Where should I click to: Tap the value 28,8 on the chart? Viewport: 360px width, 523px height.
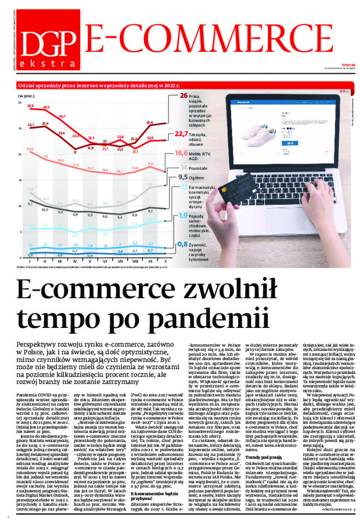(30, 106)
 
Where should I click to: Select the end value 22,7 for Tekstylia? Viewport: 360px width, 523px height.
(181, 134)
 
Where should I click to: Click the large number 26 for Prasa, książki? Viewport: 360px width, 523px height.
(184, 96)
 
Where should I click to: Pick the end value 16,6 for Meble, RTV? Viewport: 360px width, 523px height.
(181, 153)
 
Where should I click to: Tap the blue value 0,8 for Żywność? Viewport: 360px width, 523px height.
(182, 244)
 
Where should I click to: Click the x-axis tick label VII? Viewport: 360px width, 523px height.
(120, 260)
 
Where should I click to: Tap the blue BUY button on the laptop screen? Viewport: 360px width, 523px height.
(290, 142)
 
